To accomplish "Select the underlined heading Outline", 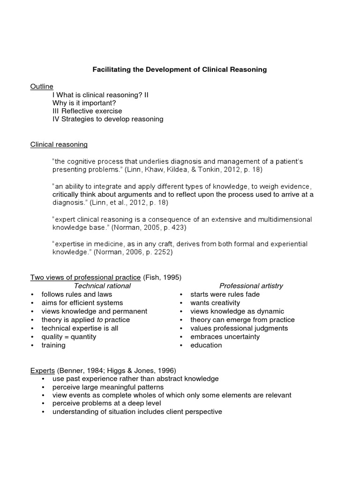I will [x=42, y=86].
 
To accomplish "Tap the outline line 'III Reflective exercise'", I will [x=87, y=111].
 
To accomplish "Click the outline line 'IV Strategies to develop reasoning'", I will [x=108, y=119].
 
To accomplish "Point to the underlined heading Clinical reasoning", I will [x=59, y=144].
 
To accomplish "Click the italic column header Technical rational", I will [x=103, y=285].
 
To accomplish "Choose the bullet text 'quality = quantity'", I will [x=68, y=337].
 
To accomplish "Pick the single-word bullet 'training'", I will [x=53, y=345].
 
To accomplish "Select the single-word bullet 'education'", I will [x=206, y=345].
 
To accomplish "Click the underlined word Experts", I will [x=43, y=370].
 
